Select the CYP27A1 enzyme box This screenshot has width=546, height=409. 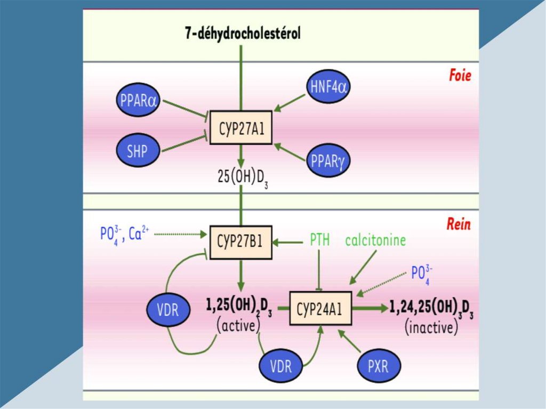pyautogui.click(x=241, y=128)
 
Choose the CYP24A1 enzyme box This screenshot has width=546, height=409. pyautogui.click(x=320, y=308)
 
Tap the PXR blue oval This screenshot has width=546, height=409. pyautogui.click(x=378, y=367)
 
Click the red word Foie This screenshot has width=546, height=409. pyautogui.click(x=459, y=76)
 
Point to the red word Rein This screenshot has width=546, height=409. pyautogui.click(x=459, y=224)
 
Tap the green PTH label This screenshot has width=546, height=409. pyautogui.click(x=320, y=241)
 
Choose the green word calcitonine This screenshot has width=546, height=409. pyautogui.click(x=375, y=241)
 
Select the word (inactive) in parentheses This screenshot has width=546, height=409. pyautogui.click(x=431, y=327)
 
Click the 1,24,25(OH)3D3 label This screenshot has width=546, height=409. pyautogui.click(x=431, y=308)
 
